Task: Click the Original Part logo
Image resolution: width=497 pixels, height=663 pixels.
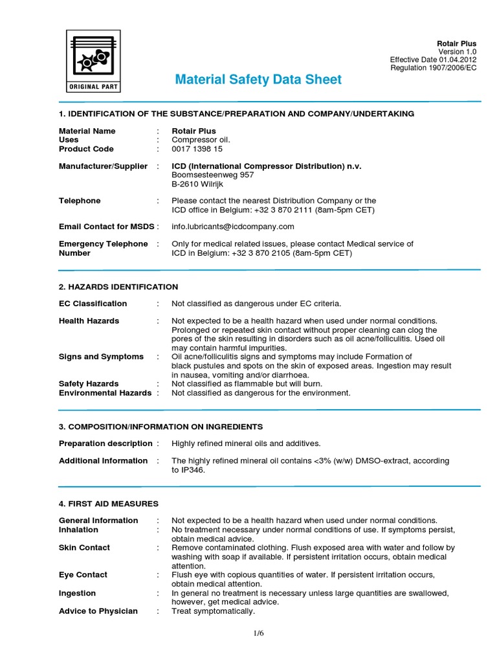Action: pos(94,61)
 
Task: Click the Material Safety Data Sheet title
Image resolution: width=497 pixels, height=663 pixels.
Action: pos(258,80)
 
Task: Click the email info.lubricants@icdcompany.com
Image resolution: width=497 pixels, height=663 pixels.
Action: pos(232,227)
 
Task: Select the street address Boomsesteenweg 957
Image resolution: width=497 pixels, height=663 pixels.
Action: pos(212,175)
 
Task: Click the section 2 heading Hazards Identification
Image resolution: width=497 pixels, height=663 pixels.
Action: pos(118,287)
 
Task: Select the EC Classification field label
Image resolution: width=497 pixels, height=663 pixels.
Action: pos(93,304)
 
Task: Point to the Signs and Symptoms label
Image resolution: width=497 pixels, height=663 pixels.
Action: pos(101,357)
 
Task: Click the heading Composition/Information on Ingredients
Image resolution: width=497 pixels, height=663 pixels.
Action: pos(160,427)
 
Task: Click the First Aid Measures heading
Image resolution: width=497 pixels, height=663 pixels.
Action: pos(108,504)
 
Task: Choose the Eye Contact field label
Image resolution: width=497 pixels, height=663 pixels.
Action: pos(83,575)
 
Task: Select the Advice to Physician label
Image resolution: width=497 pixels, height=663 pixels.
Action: pos(98,611)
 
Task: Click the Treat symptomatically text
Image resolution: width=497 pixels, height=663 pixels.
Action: pos(213,611)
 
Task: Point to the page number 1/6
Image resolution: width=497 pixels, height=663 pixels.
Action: pos(259,633)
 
